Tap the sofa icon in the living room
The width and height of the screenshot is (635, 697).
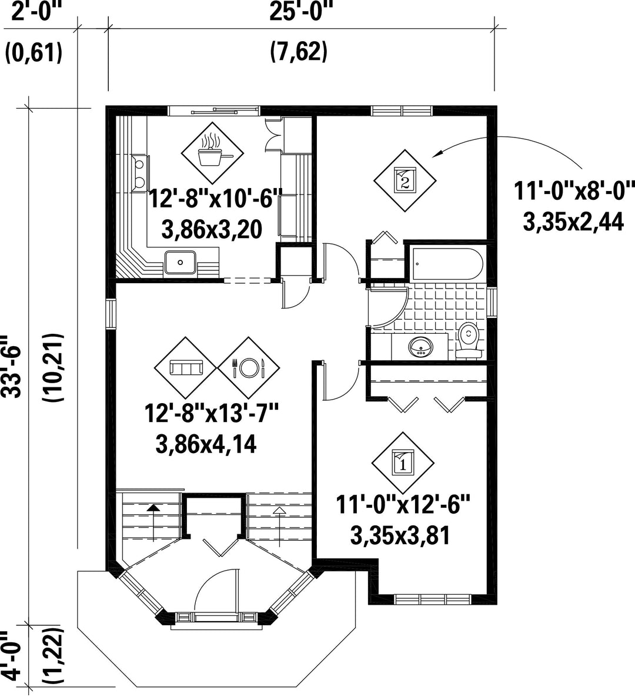click(186, 368)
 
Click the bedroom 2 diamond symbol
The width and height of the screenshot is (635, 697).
click(405, 181)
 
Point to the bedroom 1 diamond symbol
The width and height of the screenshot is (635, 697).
click(403, 463)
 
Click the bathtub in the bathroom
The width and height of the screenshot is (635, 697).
click(447, 264)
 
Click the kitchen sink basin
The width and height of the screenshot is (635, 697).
click(180, 262)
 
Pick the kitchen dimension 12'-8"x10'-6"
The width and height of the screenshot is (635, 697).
click(215, 198)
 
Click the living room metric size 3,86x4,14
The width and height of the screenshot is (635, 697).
click(206, 444)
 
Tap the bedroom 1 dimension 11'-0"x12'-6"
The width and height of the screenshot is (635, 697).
click(402, 505)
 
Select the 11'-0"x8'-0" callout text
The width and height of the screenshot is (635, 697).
click(574, 191)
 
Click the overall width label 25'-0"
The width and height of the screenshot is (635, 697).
click(300, 11)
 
